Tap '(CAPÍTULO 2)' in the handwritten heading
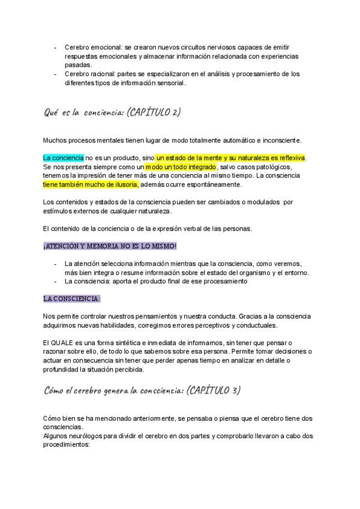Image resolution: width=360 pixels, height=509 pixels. [x=154, y=112]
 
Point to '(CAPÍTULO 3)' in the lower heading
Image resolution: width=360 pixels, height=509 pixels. [x=214, y=390]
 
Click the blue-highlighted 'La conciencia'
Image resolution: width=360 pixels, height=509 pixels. [x=64, y=157]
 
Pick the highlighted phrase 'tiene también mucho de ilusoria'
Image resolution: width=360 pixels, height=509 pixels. [x=91, y=184]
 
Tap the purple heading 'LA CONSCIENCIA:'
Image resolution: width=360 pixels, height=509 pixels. [x=71, y=298]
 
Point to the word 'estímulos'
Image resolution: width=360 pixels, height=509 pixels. [x=56, y=211]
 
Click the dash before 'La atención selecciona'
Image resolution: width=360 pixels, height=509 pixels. [x=56, y=264]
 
